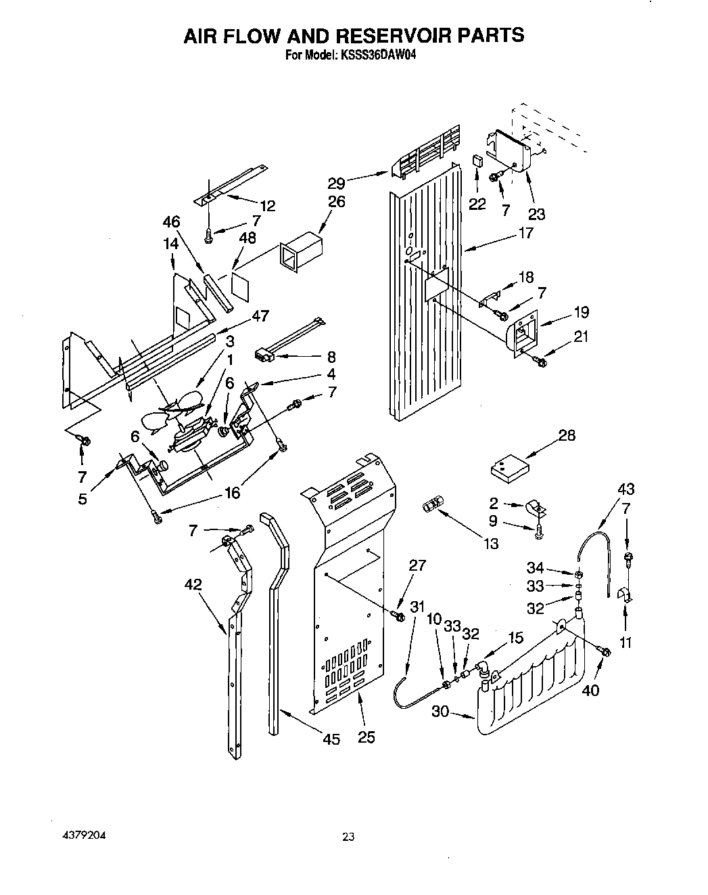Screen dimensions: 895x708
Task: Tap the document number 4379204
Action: (82, 835)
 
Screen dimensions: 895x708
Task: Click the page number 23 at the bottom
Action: (348, 837)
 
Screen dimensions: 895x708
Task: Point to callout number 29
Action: (337, 183)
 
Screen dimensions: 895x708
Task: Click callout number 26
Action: (336, 201)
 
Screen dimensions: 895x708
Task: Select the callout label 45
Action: (331, 739)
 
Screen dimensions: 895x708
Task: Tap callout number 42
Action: (193, 584)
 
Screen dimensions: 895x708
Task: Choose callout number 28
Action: (567, 435)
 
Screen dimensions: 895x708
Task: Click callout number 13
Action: (490, 543)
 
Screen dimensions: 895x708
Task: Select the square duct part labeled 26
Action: (299, 253)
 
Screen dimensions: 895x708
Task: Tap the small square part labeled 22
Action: (477, 160)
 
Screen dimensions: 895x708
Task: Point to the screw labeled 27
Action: (398, 615)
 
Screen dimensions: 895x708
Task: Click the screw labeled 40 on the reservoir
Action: (605, 651)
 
